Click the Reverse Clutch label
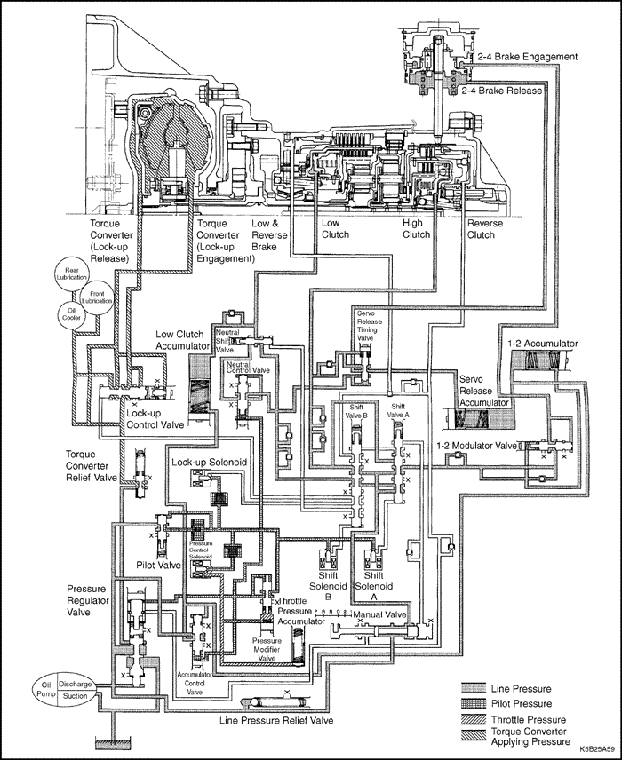pyautogui.click(x=486, y=229)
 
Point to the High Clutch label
pyautogui.click(x=416, y=229)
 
